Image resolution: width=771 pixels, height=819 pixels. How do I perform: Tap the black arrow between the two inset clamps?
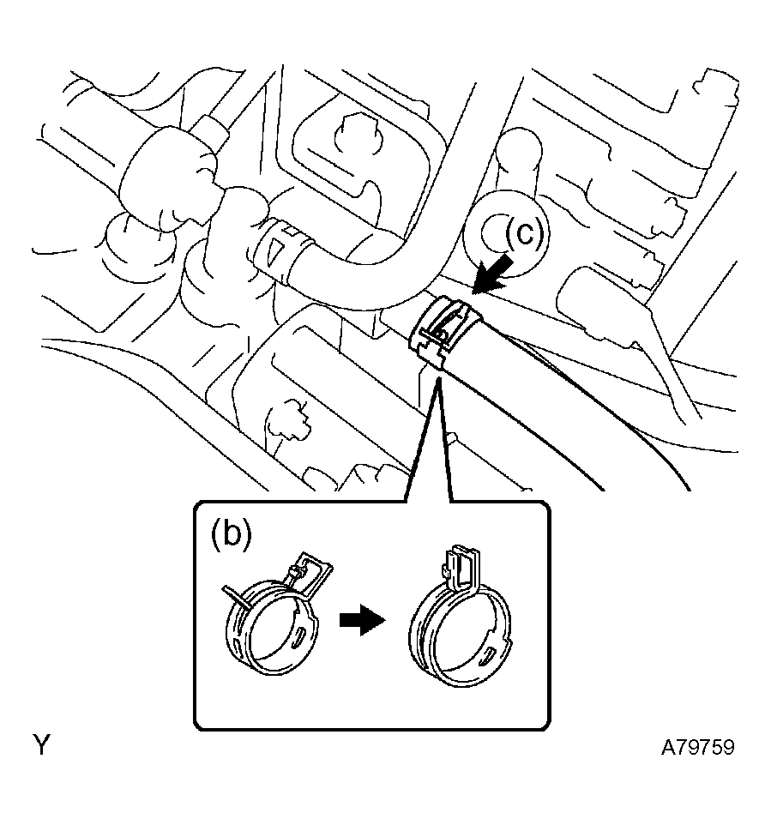tap(359, 623)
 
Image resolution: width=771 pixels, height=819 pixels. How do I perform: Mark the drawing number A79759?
tap(697, 747)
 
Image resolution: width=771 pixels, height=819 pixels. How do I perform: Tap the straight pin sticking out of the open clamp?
tap(238, 597)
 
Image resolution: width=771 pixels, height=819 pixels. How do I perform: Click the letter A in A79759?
tap(667, 747)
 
